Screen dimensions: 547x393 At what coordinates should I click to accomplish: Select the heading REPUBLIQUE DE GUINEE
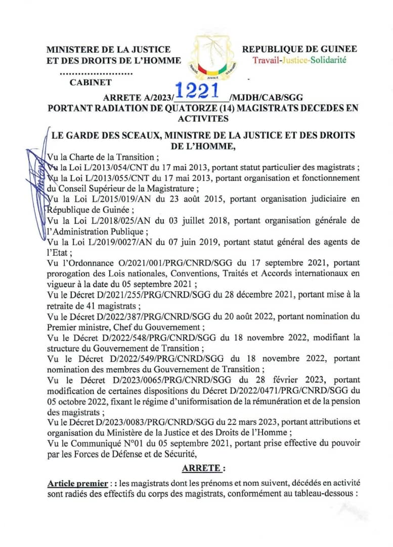(x=299, y=49)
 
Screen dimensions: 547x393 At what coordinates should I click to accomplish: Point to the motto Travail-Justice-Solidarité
(x=299, y=60)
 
